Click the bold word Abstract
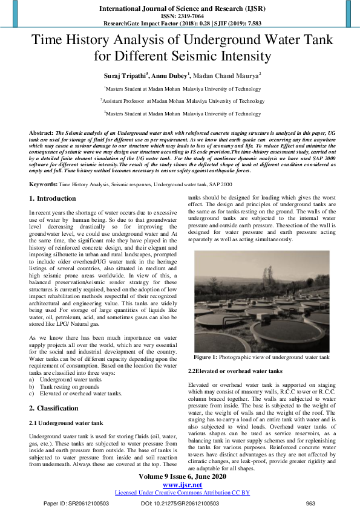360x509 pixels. [41, 132]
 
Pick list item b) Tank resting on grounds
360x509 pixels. [63, 386]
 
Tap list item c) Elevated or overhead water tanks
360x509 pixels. [75, 393]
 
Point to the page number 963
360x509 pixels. [310, 503]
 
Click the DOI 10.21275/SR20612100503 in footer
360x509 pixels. [180, 503]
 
